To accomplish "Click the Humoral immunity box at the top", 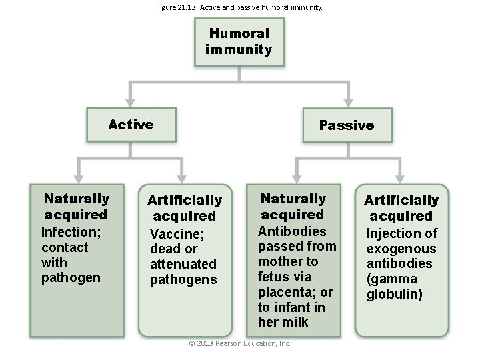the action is [x=239, y=41].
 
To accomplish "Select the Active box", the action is [x=131, y=125].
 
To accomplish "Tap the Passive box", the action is [x=346, y=125].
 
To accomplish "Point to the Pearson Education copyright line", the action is [x=239, y=343].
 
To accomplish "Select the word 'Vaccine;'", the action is [x=177, y=234].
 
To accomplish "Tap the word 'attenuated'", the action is [x=183, y=264].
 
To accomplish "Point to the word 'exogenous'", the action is [x=401, y=249].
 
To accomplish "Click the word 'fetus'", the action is [x=273, y=277].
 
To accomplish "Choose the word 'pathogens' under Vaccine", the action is [x=183, y=279].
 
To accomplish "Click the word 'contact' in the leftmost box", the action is [x=65, y=247].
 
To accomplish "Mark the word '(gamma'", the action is [x=391, y=279].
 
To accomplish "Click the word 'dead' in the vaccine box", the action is [x=165, y=249].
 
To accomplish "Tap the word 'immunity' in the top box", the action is [x=239, y=49].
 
